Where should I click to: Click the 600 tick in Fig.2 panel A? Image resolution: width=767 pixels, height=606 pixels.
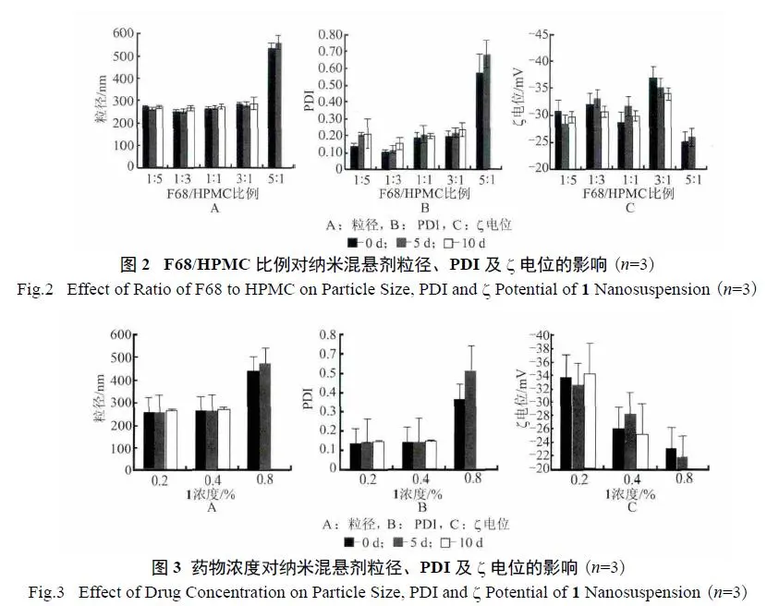pyautogui.click(x=121, y=34)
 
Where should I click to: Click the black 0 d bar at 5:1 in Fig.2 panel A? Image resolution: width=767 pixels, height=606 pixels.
pyautogui.click(x=272, y=107)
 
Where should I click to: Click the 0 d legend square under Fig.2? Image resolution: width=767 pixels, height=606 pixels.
pyautogui.click(x=363, y=243)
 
